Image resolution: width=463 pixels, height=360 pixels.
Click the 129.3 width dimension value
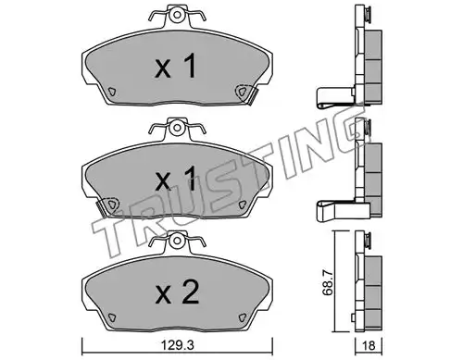(x=178, y=346)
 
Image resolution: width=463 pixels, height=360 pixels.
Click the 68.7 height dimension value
(x=328, y=281)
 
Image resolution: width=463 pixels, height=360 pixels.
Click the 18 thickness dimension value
(x=369, y=346)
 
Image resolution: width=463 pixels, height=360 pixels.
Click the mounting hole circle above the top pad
(x=177, y=15)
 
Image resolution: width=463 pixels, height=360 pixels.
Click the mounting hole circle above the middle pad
(x=177, y=127)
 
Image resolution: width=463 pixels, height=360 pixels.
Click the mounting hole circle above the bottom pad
(x=177, y=240)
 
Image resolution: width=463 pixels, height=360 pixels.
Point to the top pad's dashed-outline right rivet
(x=242, y=92)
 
